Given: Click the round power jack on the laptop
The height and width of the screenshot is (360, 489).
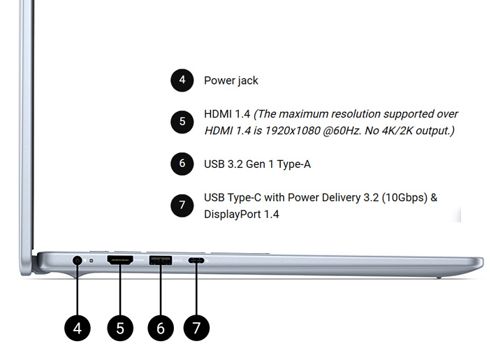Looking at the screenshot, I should pos(77,261).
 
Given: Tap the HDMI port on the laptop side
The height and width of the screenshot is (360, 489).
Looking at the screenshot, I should pos(120,261).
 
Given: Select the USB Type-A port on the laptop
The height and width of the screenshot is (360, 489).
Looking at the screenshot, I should pos(161,261).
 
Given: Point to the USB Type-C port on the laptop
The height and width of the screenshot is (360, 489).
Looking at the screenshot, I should pos(196,261).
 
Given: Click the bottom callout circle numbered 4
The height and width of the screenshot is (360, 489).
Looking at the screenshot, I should pos(77,326).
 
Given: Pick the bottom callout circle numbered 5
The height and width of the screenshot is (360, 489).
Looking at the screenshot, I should pos(120,326).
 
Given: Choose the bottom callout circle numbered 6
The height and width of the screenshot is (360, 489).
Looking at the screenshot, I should pos(161,326).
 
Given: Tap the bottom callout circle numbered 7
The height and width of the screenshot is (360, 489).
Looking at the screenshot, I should pos(196,326).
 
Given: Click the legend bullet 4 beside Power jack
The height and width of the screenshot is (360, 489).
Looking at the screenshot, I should pos(182,80).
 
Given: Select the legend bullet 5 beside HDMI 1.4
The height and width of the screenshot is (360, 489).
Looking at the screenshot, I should pos(182,122).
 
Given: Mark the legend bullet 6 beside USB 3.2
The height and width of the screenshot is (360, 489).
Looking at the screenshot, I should pos(182,164).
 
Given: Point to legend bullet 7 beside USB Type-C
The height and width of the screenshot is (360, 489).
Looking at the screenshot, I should pos(182,206).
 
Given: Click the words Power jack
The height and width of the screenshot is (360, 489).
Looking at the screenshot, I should pos(231,80).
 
